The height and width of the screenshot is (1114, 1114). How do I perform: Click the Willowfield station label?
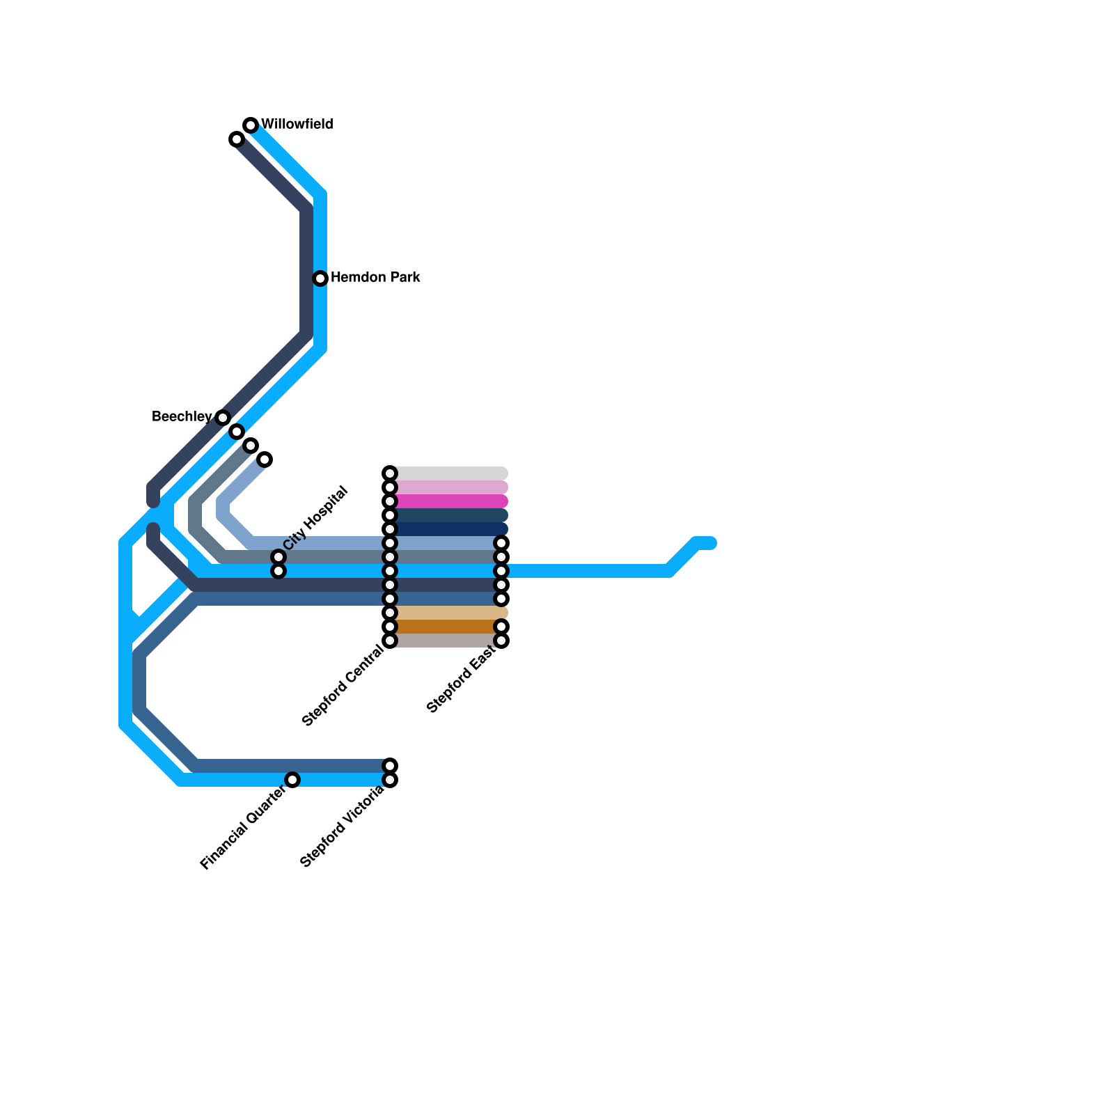pyautogui.click(x=297, y=125)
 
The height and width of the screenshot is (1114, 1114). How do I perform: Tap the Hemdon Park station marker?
pyautogui.click(x=320, y=278)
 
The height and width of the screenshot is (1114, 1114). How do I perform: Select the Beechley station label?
pyautogui.click(x=181, y=417)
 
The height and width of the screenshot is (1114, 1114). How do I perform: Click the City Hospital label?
pyautogui.click(x=315, y=518)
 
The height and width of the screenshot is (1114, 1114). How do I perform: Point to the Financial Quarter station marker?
pyautogui.click(x=292, y=780)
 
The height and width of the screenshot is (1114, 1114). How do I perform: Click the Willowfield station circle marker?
pyautogui.click(x=251, y=125)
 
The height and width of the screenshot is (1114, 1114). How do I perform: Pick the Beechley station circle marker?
pyautogui.click(x=223, y=418)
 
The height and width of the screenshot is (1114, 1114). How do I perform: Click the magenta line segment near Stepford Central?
pyautogui.click(x=449, y=501)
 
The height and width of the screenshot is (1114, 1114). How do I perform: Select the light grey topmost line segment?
pyautogui.click(x=449, y=473)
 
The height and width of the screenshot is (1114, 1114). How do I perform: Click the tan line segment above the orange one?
pyautogui.click(x=449, y=613)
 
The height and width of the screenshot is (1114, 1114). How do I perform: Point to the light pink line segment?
pyautogui.click(x=449, y=487)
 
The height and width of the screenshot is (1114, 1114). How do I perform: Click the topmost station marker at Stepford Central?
pyautogui.click(x=390, y=473)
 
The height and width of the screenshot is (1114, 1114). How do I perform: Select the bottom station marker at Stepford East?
pyautogui.click(x=501, y=641)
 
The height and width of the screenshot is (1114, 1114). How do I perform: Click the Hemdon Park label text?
pyautogui.click(x=375, y=278)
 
